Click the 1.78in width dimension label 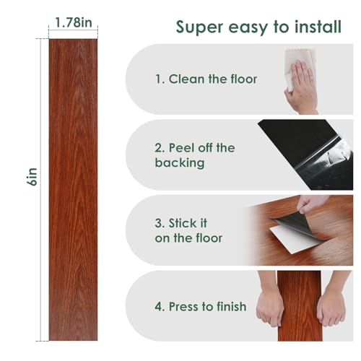point(74,22)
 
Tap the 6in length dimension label point(32,177)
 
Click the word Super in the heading point(199,27)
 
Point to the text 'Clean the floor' point(213,79)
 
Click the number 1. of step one point(160,79)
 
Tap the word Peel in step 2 point(181,147)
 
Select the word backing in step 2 point(180,162)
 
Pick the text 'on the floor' point(188,238)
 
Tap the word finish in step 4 point(231,306)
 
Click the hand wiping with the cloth point(301,88)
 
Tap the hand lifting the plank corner point(309,204)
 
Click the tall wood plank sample point(73,190)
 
